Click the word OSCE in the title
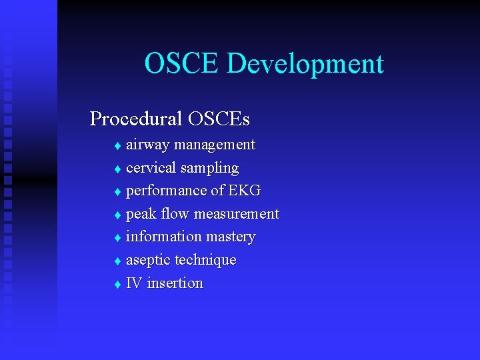click(x=181, y=64)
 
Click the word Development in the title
click(x=305, y=65)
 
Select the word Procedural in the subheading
click(x=136, y=119)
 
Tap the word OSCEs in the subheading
click(x=219, y=119)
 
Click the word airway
click(x=148, y=145)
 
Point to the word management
click(x=214, y=145)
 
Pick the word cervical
click(x=151, y=167)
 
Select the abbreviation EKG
click(x=244, y=191)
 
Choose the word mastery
click(x=231, y=237)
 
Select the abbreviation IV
click(x=134, y=283)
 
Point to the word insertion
click(x=175, y=283)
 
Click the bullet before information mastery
click(x=117, y=238)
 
